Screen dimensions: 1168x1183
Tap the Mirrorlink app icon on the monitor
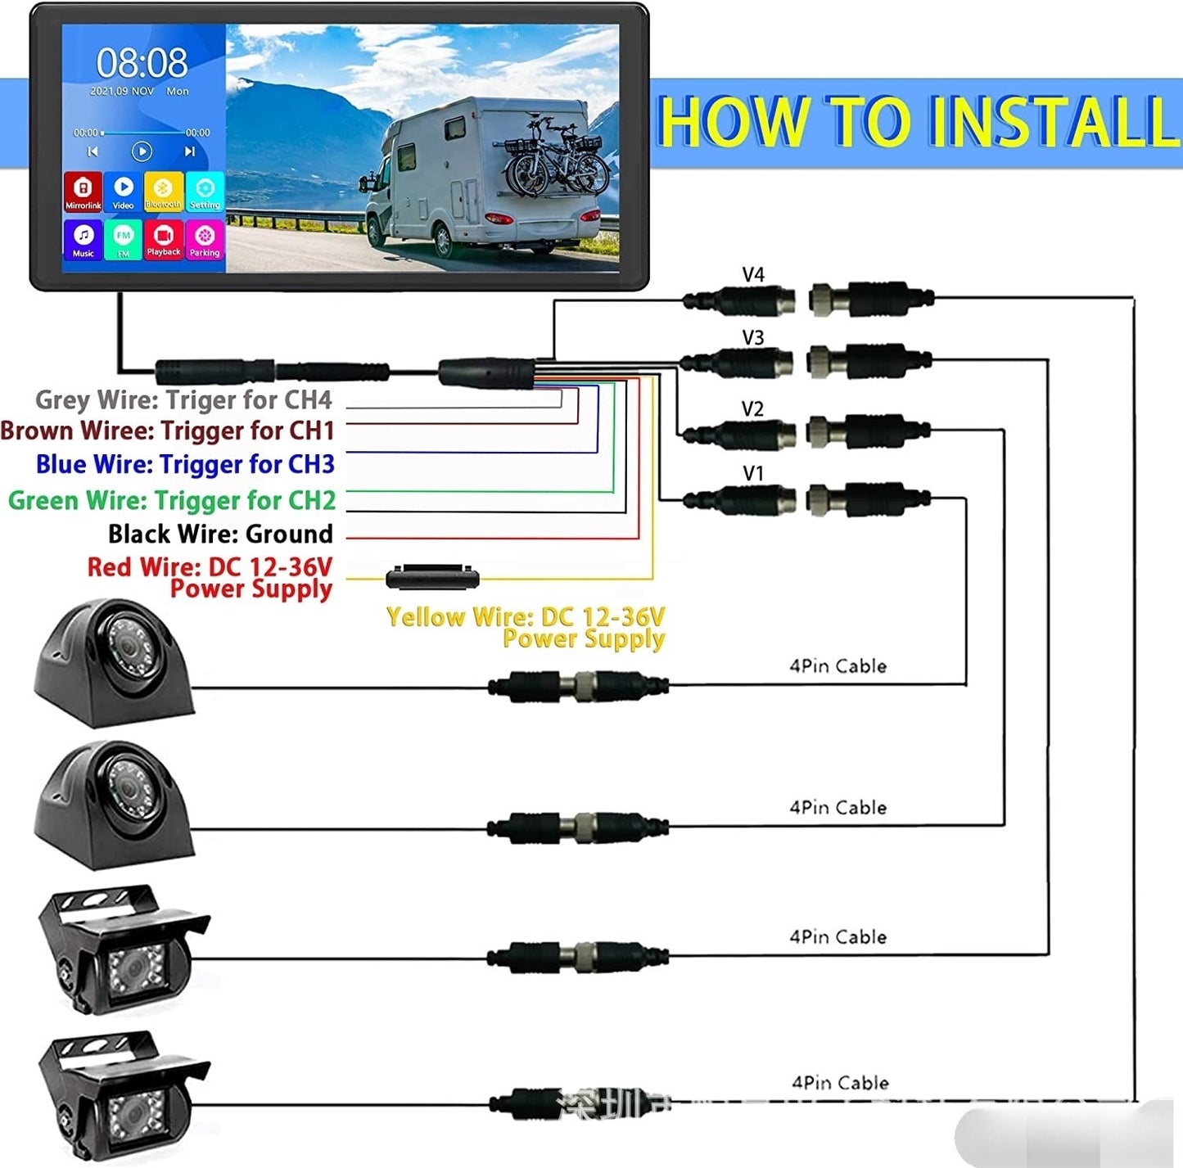[x=83, y=192]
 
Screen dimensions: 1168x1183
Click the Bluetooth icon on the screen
[x=163, y=192]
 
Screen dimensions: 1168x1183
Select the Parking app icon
[x=204, y=240]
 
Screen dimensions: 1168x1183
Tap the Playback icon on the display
[x=164, y=240]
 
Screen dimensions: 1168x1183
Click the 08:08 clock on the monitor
[x=142, y=62]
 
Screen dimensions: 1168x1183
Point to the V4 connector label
[x=752, y=275]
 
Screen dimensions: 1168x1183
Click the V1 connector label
[x=752, y=473]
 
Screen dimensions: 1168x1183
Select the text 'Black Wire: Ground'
[x=220, y=534]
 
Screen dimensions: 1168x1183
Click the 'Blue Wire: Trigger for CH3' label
[x=185, y=464]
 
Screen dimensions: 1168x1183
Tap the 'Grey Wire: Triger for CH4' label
[x=183, y=399]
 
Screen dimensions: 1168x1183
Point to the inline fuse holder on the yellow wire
[x=432, y=578]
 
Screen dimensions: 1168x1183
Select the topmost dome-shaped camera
[x=114, y=663]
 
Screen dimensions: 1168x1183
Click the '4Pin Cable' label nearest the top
[x=838, y=665]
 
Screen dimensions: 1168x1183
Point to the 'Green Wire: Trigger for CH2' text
[x=172, y=499]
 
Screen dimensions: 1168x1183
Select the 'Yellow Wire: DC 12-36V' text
[x=525, y=616]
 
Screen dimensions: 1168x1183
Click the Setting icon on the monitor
[x=204, y=192]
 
